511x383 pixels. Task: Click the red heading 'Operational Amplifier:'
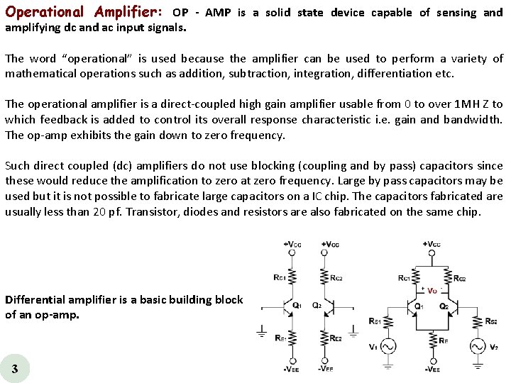pyautogui.click(x=84, y=12)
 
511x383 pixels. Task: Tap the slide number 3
pyautogui.click(x=15, y=368)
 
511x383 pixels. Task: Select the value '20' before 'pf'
pyautogui.click(x=100, y=211)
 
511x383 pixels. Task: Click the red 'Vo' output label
pyautogui.click(x=432, y=290)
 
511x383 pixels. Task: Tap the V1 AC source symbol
pyautogui.click(x=388, y=346)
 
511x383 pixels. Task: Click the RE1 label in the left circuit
pyautogui.click(x=280, y=338)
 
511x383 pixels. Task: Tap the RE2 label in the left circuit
pyautogui.click(x=336, y=338)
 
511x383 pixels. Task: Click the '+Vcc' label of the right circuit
pyautogui.click(x=432, y=245)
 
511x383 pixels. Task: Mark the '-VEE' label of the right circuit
pyautogui.click(x=432, y=370)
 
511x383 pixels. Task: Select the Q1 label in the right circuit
pyautogui.click(x=419, y=306)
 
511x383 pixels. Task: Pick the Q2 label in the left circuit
pyautogui.click(x=317, y=306)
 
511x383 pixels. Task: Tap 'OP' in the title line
pyautogui.click(x=180, y=13)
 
